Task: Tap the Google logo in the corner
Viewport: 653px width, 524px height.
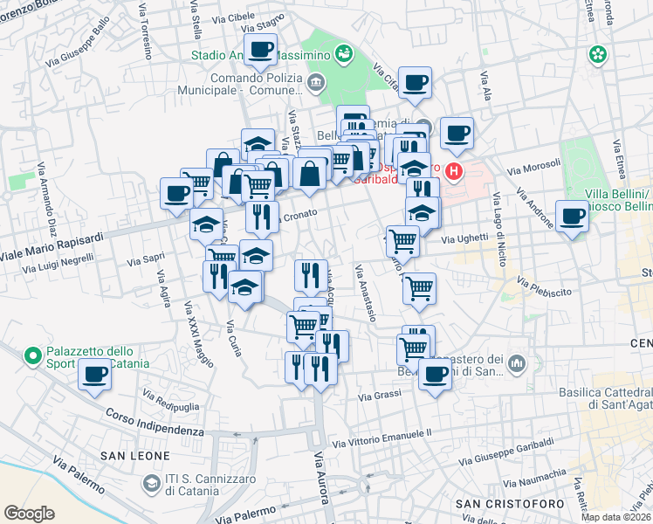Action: (29, 514)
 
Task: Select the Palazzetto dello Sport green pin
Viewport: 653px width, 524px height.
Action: (33, 355)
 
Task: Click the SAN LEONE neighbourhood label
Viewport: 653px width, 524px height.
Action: (128, 455)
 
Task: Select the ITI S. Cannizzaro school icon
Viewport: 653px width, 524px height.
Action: (152, 483)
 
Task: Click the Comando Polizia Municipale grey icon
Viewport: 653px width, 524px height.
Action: (315, 84)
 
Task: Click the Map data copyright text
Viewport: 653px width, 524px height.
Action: (615, 517)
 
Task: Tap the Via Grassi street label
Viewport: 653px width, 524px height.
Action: (380, 395)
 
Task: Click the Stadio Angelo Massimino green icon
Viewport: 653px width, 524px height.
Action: (344, 54)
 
